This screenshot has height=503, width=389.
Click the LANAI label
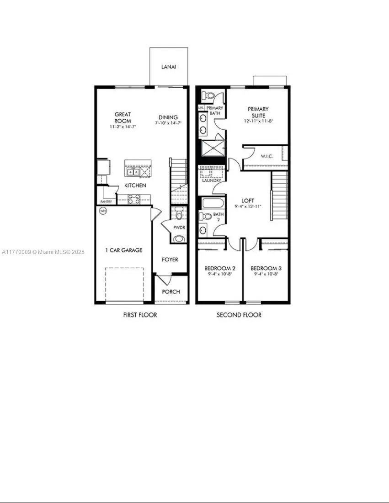point(169,67)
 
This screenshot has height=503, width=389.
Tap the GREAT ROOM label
point(123,117)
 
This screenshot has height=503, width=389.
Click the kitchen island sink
point(134,171)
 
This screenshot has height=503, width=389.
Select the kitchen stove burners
point(134,199)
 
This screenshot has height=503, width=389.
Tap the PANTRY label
point(106,201)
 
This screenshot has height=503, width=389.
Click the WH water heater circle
point(103,211)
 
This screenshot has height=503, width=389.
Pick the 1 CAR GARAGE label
point(124,250)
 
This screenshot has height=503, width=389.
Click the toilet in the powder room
point(179,214)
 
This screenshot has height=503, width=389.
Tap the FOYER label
point(170,259)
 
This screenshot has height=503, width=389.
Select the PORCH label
point(171,291)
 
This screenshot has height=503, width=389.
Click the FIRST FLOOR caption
point(140,315)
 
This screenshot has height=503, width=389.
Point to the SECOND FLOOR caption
point(239,315)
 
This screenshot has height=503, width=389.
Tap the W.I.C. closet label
point(267,156)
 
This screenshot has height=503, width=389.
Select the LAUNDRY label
point(212,180)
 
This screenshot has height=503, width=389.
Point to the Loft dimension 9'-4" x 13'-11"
point(248,207)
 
